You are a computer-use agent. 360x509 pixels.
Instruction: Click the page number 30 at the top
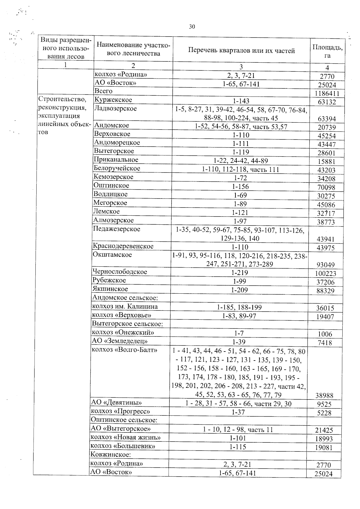[x=192, y=27]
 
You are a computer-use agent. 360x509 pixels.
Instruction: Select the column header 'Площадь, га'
[x=327, y=51]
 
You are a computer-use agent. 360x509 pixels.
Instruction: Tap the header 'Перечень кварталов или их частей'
[x=241, y=50]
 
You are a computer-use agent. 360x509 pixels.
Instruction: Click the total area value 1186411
[x=327, y=94]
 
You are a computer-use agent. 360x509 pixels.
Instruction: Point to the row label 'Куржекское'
[x=113, y=100]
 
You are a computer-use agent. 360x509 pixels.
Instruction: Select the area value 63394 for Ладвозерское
[x=327, y=119]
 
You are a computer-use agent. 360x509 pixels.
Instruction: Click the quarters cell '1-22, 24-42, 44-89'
[x=241, y=161]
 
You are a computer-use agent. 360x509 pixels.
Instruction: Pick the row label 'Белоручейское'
[x=117, y=168]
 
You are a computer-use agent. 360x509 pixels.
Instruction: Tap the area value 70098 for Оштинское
[x=326, y=188]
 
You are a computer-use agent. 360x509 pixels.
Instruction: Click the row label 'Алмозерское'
[x=113, y=220]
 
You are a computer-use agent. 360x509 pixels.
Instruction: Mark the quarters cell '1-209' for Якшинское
[x=239, y=290]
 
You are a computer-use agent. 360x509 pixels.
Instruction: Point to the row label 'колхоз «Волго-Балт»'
[x=124, y=350]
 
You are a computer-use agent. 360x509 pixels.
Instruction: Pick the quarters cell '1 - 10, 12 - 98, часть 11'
[x=238, y=430]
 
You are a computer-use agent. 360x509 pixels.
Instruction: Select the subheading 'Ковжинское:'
[x=110, y=455]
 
